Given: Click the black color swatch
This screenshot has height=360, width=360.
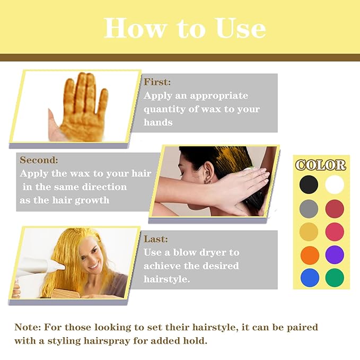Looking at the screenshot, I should [x=309, y=185].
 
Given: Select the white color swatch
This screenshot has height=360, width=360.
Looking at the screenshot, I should [x=335, y=185].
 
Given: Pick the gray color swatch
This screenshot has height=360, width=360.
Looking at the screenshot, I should [x=309, y=208].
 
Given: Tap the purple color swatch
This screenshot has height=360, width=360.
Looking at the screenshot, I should [x=335, y=254].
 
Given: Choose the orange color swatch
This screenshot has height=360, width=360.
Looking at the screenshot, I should [x=309, y=254].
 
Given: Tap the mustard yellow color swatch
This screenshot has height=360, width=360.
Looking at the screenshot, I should [x=309, y=232].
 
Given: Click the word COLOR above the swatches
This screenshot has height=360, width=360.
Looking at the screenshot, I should [x=321, y=165].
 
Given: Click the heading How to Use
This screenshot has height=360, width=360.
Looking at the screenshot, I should [x=185, y=28].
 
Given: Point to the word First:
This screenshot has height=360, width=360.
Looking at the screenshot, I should [x=157, y=82].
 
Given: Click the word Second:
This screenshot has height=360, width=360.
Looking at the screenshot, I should [x=39, y=160].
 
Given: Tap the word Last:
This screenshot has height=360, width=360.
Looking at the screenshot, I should [x=156, y=239].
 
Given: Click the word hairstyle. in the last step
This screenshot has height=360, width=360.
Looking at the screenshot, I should [x=166, y=279].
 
